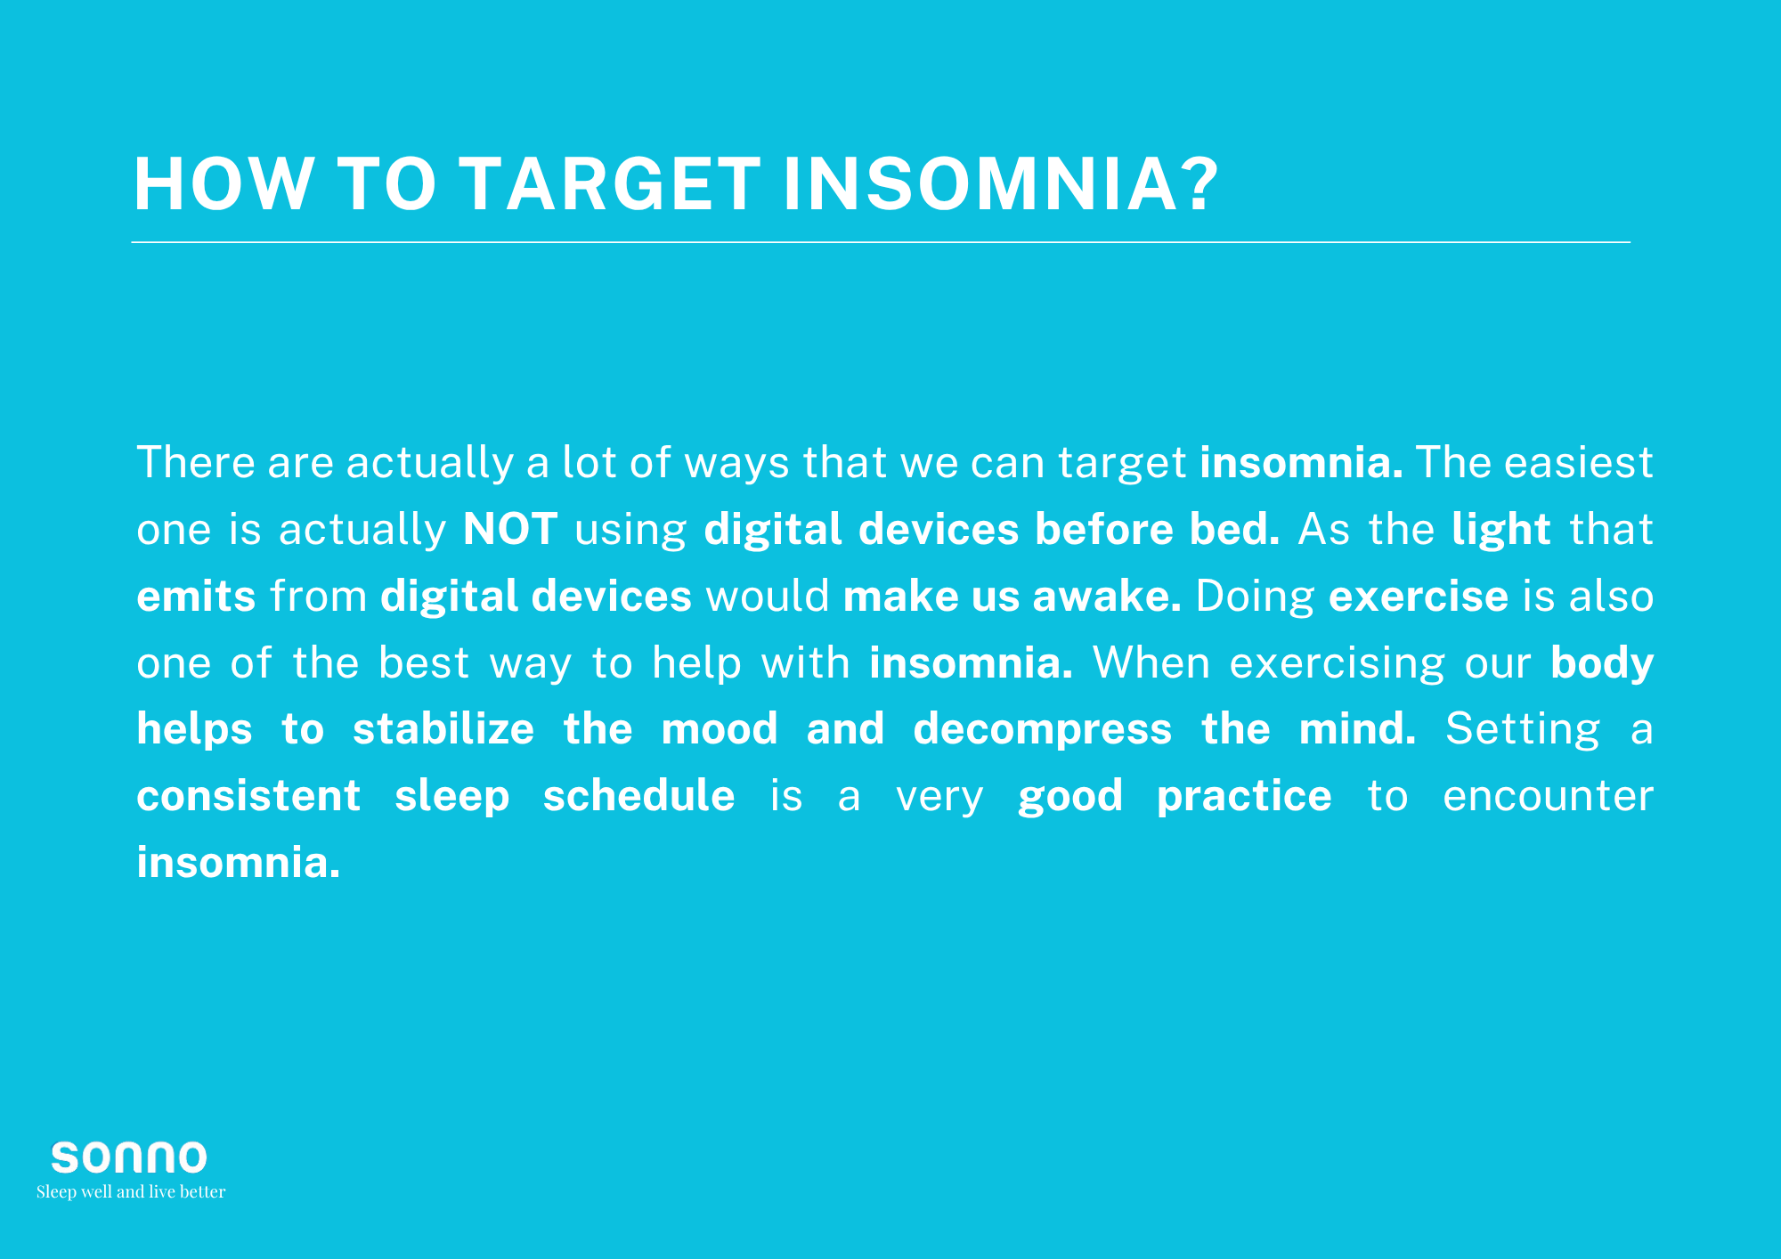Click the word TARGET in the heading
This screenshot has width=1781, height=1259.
click(610, 184)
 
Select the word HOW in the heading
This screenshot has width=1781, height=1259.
click(223, 184)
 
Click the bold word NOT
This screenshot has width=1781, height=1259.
click(510, 529)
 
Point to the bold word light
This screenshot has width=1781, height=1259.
click(1501, 531)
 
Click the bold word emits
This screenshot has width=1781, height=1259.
click(196, 597)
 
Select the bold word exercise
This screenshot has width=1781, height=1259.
click(1419, 597)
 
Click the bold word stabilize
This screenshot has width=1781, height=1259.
click(443, 729)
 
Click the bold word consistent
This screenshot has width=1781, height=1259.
click(248, 796)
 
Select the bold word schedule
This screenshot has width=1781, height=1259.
click(639, 796)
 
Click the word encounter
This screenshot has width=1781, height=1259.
click(1548, 797)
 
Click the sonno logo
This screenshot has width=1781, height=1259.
click(129, 1157)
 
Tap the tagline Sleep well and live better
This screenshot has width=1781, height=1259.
click(131, 1191)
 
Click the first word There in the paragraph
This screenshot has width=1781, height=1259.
click(196, 463)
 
